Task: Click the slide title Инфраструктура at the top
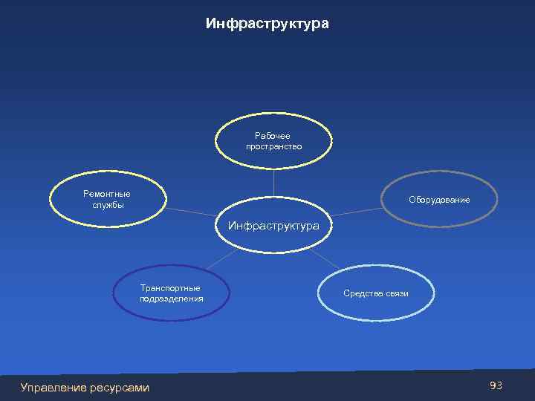267,25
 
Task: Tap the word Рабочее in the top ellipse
273,136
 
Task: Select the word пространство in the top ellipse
273,147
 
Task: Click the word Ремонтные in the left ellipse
106,194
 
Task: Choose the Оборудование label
439,200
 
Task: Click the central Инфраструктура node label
273,225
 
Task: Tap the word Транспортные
170,287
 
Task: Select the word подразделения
171,299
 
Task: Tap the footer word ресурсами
120,387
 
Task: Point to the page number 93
496,385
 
